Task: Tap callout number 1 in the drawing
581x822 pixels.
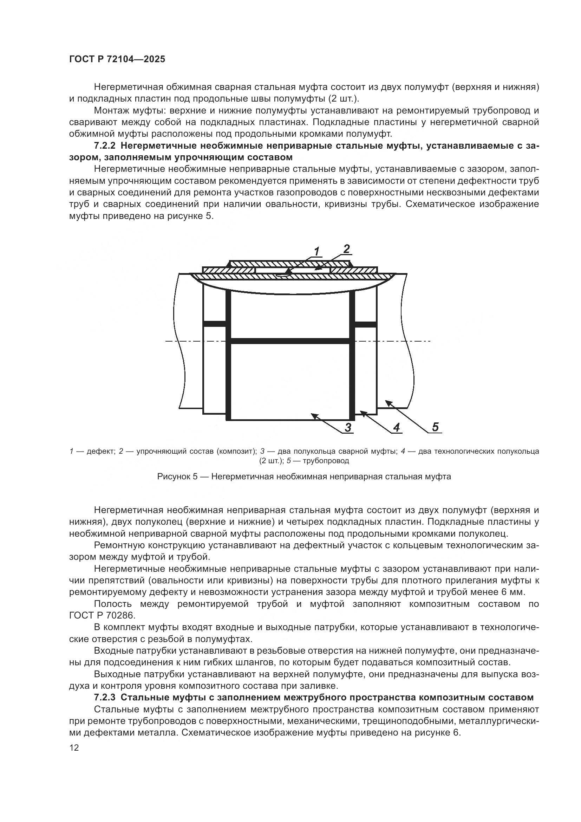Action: (x=317, y=252)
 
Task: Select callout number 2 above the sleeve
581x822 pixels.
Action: (x=346, y=249)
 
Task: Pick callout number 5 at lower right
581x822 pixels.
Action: (x=435, y=427)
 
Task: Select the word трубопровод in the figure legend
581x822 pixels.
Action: (x=326, y=461)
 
